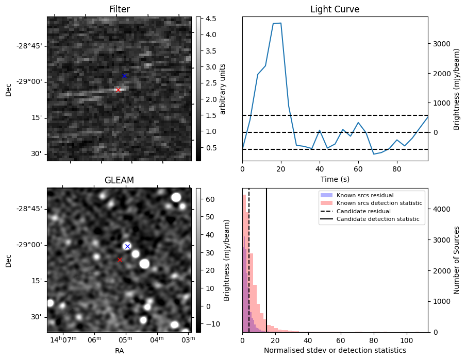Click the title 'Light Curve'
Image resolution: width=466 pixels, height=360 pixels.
click(x=335, y=9)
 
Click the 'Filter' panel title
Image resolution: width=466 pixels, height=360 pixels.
click(x=120, y=9)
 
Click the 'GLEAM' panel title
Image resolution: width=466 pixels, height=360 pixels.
click(x=119, y=180)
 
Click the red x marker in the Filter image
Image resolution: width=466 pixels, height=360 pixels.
click(x=118, y=90)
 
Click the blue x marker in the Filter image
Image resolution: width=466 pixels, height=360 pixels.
click(x=124, y=76)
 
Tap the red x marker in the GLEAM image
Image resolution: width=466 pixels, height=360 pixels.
click(x=120, y=260)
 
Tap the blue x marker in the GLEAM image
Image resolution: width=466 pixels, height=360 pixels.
click(x=127, y=246)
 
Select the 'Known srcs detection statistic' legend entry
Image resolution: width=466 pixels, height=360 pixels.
click(x=379, y=203)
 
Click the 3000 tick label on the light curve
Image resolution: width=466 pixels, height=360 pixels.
click(x=441, y=44)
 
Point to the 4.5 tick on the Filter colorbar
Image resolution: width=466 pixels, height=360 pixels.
click(x=210, y=19)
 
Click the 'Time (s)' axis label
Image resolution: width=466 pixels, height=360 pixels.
click(x=335, y=178)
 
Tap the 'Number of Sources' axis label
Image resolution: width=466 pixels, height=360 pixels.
click(x=456, y=260)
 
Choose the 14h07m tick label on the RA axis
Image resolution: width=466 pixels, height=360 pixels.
click(x=62, y=339)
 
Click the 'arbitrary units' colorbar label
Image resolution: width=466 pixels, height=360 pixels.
click(x=223, y=89)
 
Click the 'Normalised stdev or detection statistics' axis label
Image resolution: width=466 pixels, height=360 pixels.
click(x=335, y=350)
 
